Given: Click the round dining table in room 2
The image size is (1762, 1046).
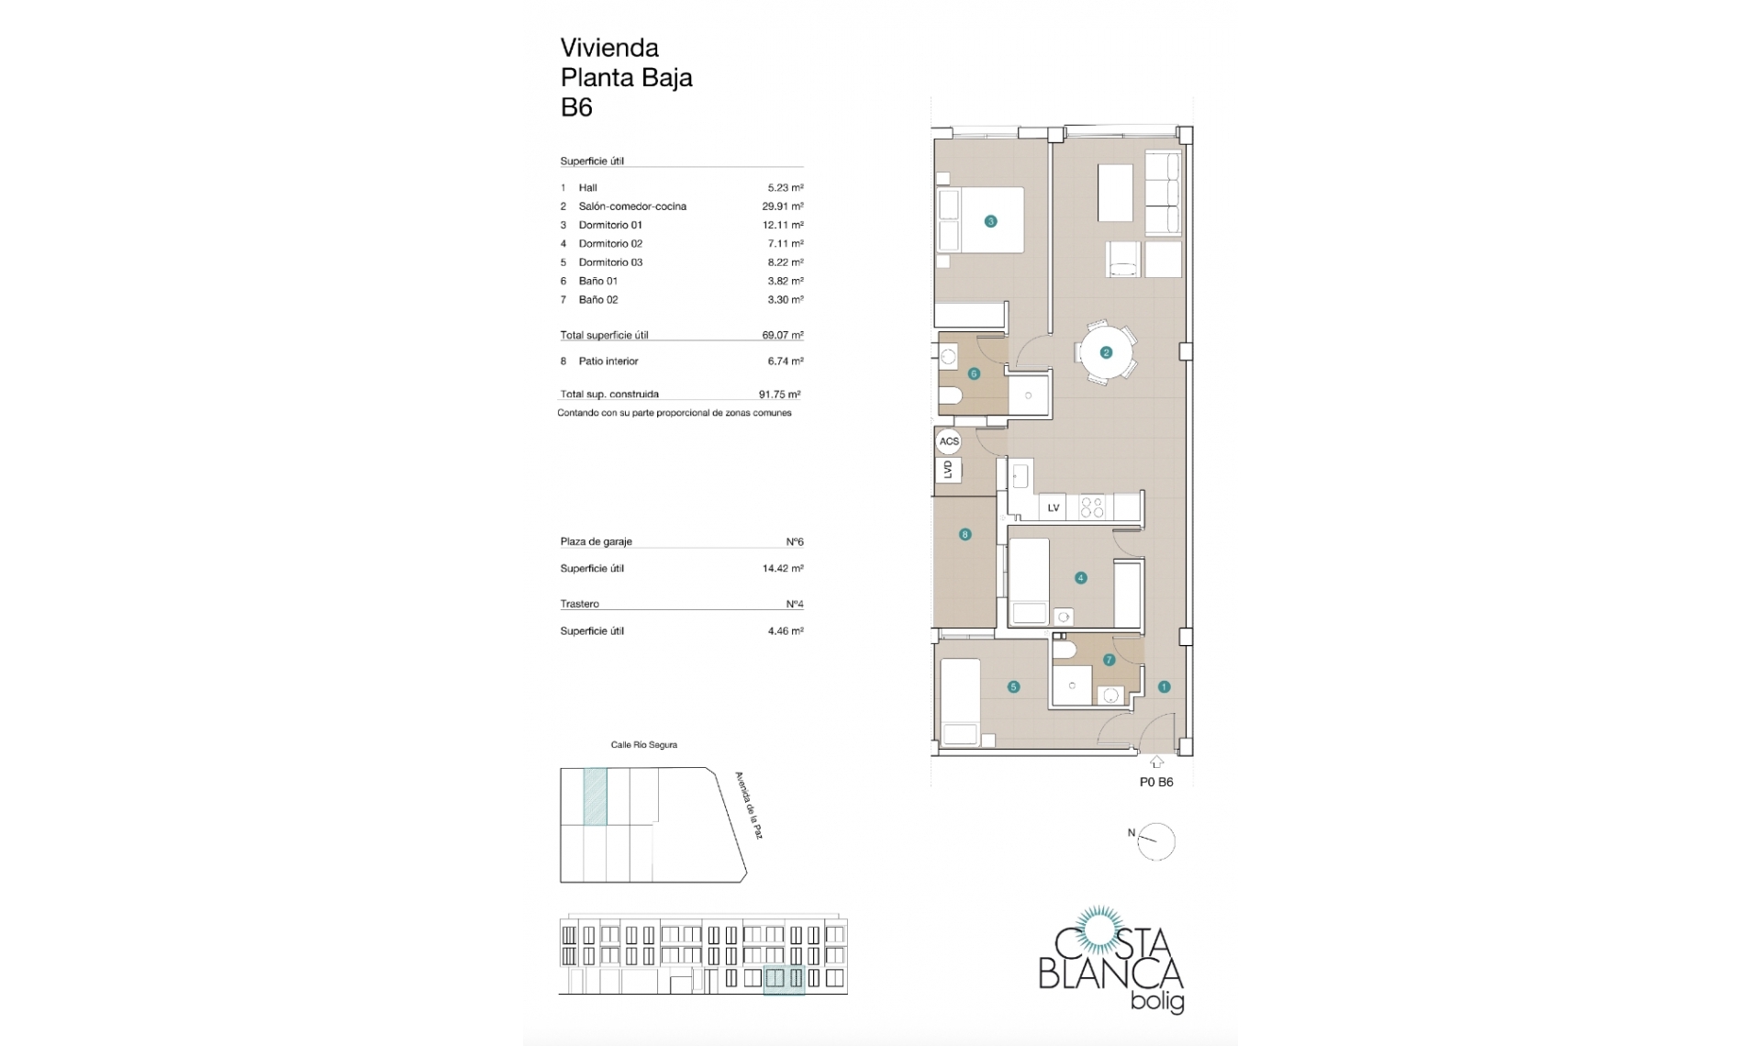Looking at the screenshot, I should tap(1105, 352).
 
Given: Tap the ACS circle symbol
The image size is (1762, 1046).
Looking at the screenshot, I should tap(948, 441).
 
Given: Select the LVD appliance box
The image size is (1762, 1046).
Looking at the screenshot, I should tap(948, 470).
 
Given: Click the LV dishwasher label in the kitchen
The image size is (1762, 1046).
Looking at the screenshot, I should tap(1054, 507).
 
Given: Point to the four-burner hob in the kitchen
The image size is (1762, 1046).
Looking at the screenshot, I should tap(1092, 507).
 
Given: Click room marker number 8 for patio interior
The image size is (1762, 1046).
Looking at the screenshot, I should tap(965, 534).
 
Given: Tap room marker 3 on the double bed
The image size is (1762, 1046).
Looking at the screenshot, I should tap(990, 221).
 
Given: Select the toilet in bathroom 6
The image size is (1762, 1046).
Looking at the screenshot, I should tap(950, 396).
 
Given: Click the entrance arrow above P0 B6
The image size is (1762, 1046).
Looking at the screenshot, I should tap(1156, 762).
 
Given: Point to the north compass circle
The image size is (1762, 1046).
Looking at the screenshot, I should tap(1156, 841).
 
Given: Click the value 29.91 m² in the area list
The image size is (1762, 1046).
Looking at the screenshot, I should tap(782, 206).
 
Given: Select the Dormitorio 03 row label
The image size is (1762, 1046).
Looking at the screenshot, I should tap(610, 262).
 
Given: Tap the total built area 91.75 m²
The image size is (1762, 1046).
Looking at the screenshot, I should tap(779, 395).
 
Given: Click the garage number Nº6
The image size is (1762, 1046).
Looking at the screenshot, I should tap(794, 542).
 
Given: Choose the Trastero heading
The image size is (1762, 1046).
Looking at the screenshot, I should tap(579, 604).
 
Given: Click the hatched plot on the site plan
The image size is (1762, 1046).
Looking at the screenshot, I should tap(595, 796).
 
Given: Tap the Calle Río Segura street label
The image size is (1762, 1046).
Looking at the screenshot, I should tap(643, 745).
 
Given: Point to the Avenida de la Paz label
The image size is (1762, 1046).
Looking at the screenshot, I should tap(749, 805).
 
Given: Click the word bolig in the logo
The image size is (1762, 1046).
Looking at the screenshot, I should tap(1156, 1001).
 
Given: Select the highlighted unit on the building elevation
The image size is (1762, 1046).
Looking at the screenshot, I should tap(784, 979).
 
